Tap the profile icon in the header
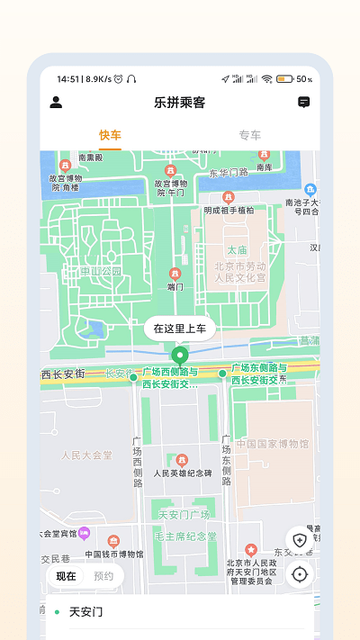[x=56, y=103]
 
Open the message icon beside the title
[x=304, y=103]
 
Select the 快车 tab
[x=110, y=135]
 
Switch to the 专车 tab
[x=249, y=135]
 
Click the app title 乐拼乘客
[x=180, y=103]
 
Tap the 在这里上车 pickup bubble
[x=180, y=329]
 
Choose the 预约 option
[x=103, y=575]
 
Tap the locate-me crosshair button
[x=300, y=573]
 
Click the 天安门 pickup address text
[x=86, y=612]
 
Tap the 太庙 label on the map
[x=237, y=249]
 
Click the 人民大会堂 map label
[x=86, y=455]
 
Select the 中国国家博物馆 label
[x=272, y=444]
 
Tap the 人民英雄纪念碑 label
[x=183, y=473]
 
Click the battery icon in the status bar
[x=284, y=79]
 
